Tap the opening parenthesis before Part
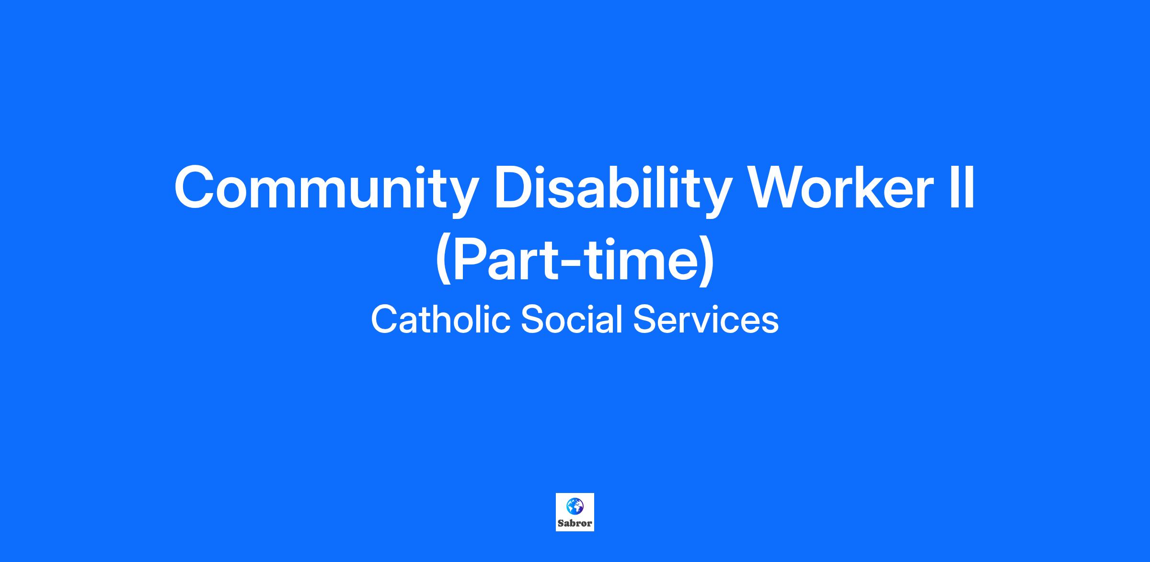coord(443,261)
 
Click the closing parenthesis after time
coord(706,261)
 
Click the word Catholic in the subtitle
coord(440,320)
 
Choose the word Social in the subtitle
coord(571,320)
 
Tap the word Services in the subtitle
coord(706,320)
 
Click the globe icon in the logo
coord(575,506)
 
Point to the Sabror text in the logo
coord(575,523)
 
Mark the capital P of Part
coord(471,259)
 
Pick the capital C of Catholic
coord(384,319)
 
